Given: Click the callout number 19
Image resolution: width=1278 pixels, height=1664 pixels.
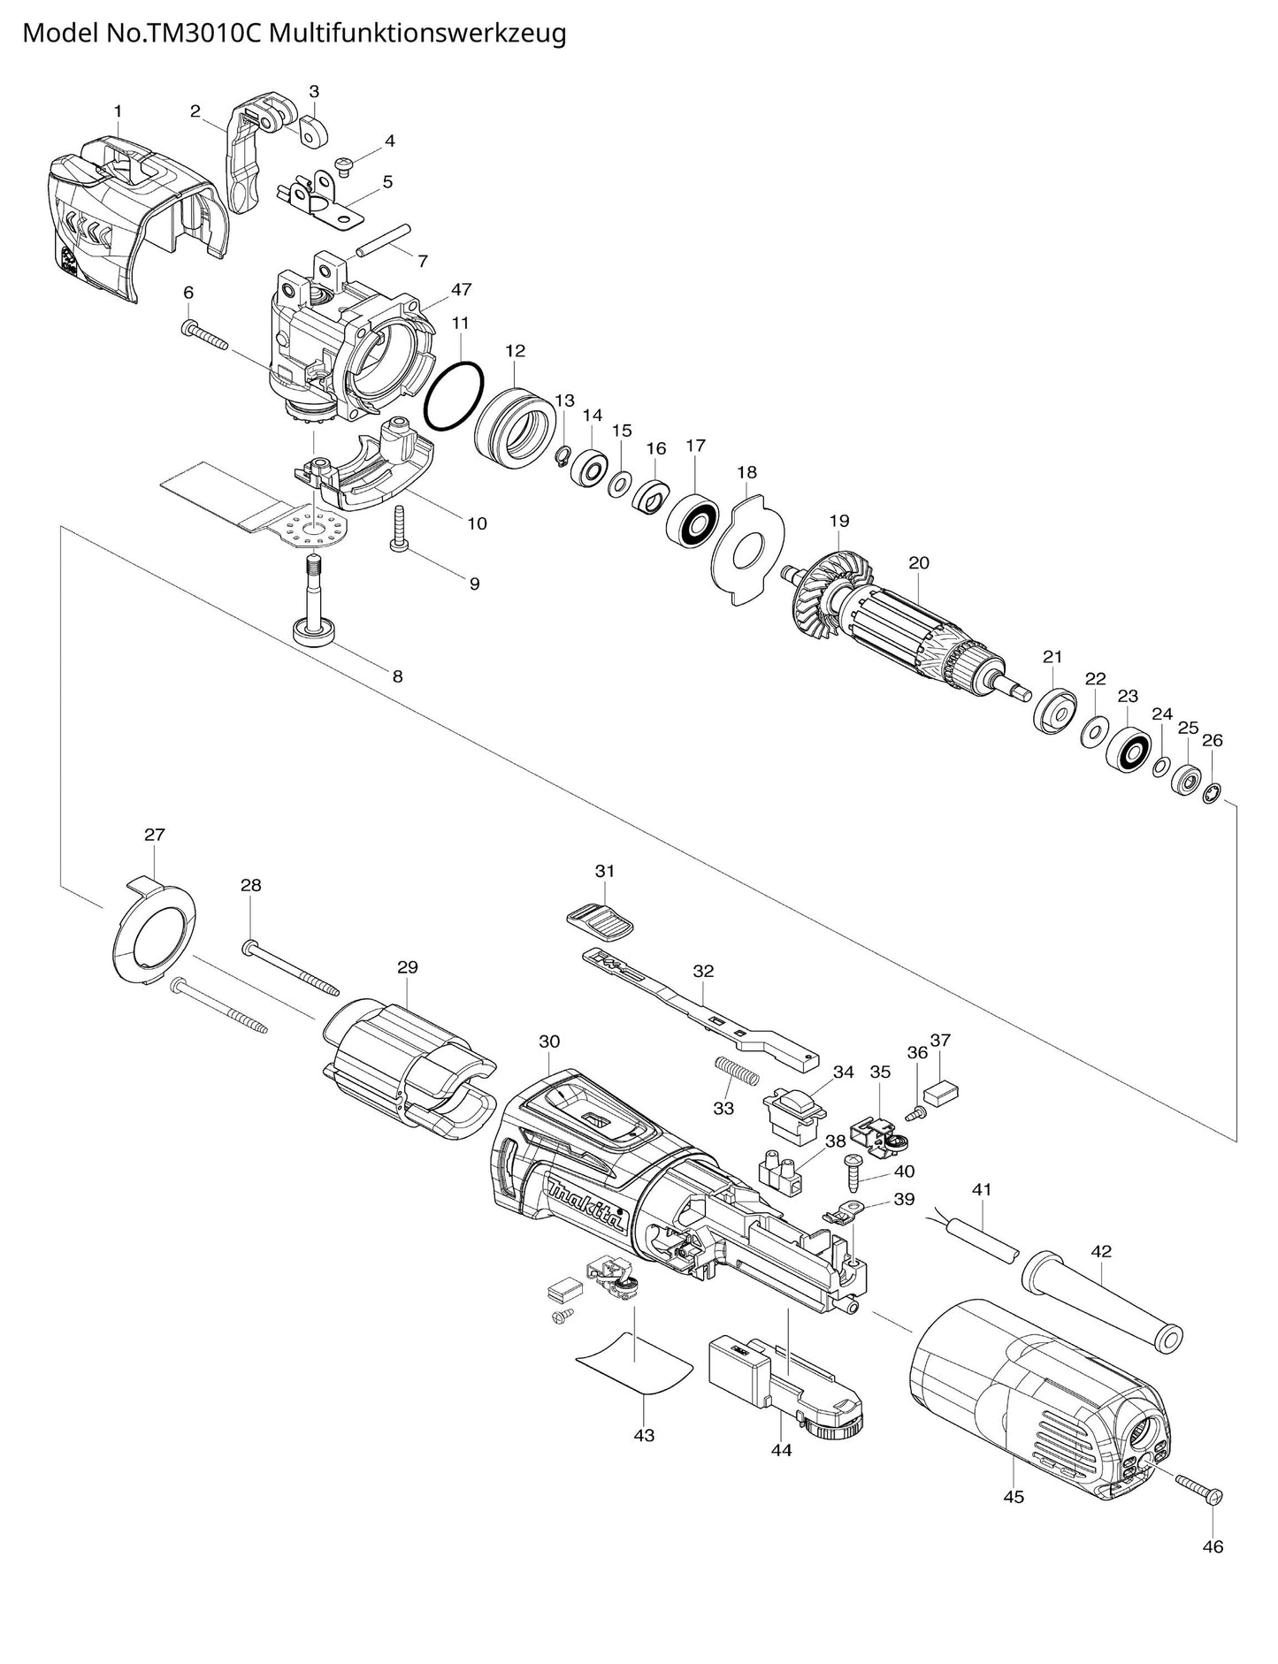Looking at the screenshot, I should pyautogui.click(x=838, y=522).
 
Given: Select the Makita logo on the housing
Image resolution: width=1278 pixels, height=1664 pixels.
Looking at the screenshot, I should pyautogui.click(x=586, y=1204).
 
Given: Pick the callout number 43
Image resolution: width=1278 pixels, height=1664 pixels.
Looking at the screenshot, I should pyautogui.click(x=644, y=1435).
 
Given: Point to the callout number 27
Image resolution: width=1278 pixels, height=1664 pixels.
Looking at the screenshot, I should pyautogui.click(x=155, y=834).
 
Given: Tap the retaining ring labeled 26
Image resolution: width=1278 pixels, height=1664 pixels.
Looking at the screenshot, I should pyautogui.click(x=1212, y=770).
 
